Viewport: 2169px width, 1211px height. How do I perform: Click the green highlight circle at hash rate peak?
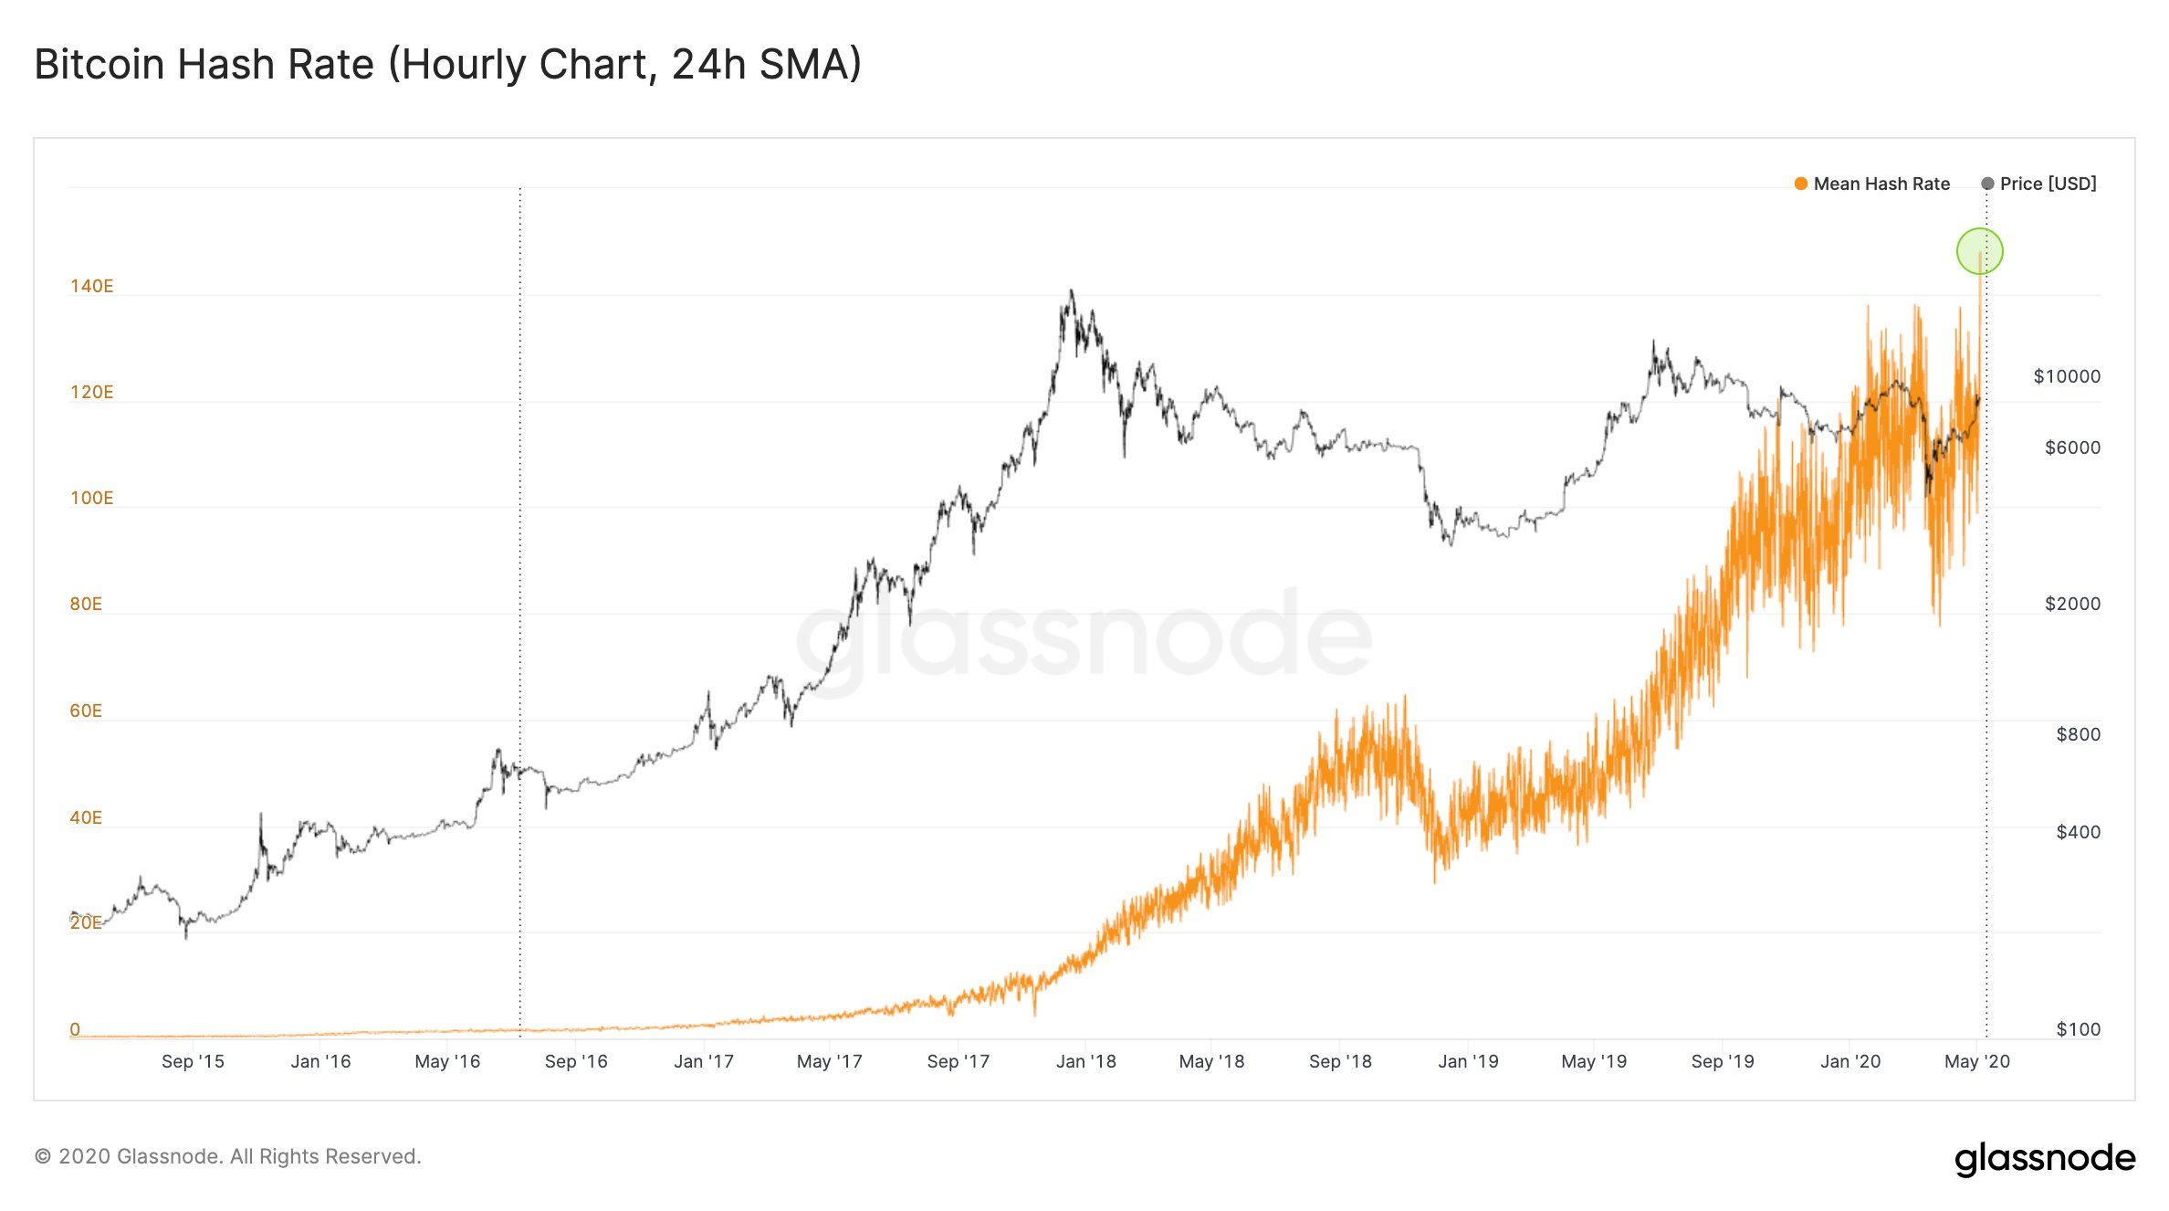point(1979,250)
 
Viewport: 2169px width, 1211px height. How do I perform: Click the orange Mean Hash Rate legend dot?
point(1800,184)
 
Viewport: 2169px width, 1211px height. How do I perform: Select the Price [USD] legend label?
point(2048,184)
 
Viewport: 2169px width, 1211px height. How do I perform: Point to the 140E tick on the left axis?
point(91,286)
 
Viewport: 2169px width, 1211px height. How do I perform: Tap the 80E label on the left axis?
point(86,604)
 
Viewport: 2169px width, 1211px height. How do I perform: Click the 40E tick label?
point(86,817)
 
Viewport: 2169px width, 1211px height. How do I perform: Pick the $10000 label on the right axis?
point(2066,376)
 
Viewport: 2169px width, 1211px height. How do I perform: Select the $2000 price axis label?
point(2071,604)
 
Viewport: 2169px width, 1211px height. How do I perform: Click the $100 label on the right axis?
point(2077,1029)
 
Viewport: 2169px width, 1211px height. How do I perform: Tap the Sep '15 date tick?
point(192,1061)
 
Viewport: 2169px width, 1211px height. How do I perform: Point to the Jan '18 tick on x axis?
point(1085,1061)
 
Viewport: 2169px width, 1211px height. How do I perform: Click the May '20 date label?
point(1976,1061)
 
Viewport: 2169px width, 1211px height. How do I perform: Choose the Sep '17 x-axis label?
point(958,1061)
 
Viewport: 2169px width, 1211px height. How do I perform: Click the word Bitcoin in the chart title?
point(99,65)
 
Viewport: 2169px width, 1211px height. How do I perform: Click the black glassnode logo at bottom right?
point(2044,1158)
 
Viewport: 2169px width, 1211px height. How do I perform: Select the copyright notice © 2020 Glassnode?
point(227,1156)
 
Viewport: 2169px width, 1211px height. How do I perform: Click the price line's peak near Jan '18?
point(1072,292)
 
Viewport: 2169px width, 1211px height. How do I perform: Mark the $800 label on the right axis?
point(2077,734)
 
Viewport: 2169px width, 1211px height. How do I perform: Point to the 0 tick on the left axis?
point(75,1029)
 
